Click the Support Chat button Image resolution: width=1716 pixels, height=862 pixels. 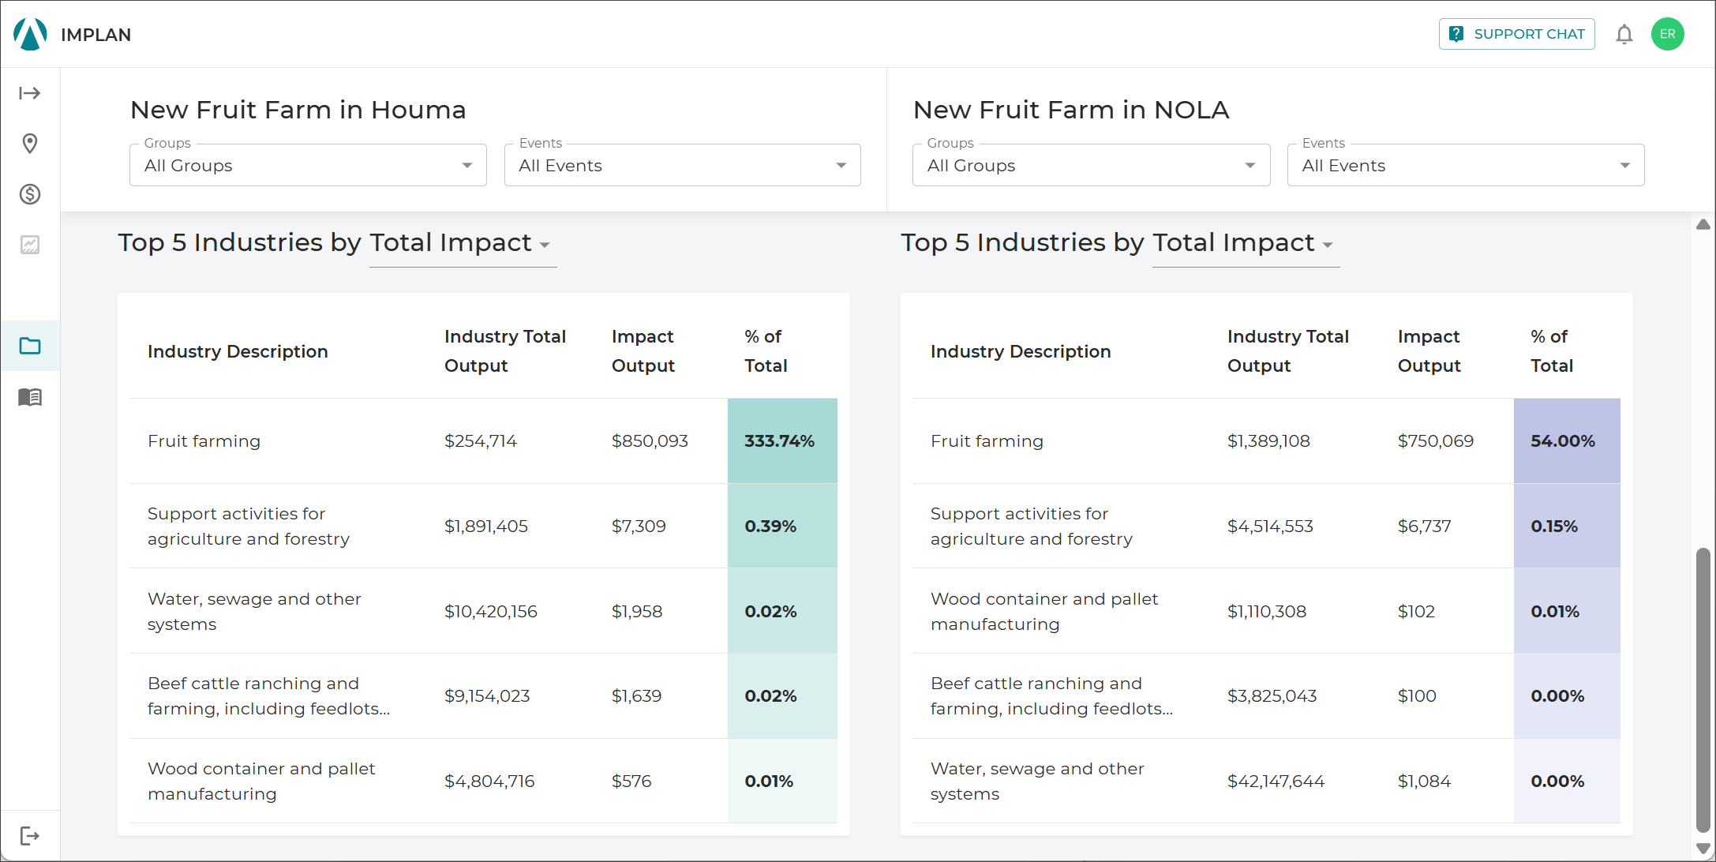[x=1516, y=34]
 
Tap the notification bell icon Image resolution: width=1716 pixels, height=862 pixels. [x=1624, y=34]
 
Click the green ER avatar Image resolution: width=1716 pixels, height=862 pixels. [x=1667, y=34]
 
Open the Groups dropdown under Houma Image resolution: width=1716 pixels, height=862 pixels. [x=308, y=165]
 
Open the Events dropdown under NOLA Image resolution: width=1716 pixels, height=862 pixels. [x=1466, y=165]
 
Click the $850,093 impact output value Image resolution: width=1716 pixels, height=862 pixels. [x=650, y=440]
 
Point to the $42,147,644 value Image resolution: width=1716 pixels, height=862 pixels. [x=1276, y=781]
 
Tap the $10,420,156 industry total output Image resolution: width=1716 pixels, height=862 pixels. [x=490, y=611]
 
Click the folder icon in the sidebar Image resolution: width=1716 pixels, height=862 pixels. [x=30, y=346]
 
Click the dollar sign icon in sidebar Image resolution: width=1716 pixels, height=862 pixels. [x=30, y=194]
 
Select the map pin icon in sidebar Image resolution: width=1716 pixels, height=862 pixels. [x=30, y=144]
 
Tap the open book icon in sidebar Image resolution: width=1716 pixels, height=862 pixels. [x=30, y=396]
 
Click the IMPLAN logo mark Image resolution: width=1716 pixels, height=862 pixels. [x=31, y=34]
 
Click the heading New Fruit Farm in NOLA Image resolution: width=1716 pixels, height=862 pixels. [x=1071, y=110]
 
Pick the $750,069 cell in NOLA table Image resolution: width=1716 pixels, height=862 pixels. [x=1435, y=440]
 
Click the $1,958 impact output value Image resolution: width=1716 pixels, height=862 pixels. [x=637, y=611]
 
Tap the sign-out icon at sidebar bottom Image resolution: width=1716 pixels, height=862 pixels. [x=30, y=835]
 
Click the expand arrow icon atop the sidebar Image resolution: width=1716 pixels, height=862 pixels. [x=30, y=93]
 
